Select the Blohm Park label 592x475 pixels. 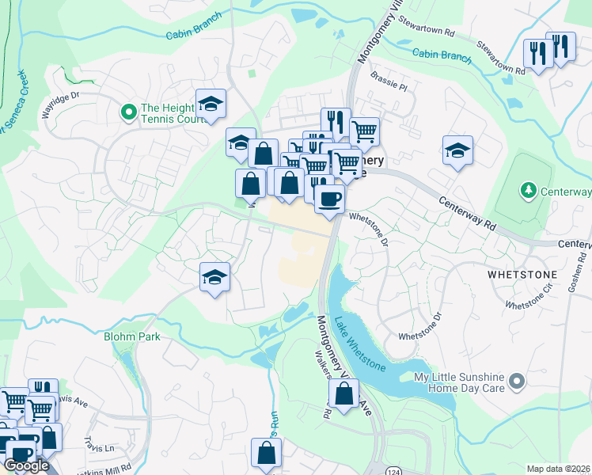pyautogui.click(x=132, y=336)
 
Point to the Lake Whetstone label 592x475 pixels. pyautogui.click(x=359, y=344)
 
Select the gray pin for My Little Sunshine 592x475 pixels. pyautogui.click(x=517, y=382)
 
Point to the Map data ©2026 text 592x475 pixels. pyautogui.click(x=559, y=469)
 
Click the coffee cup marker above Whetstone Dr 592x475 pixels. pyautogui.click(x=329, y=198)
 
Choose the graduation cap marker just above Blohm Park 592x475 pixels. pyautogui.click(x=214, y=277)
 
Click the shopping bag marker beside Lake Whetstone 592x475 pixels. pyautogui.click(x=343, y=393)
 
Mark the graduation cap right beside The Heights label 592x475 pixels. pyautogui.click(x=211, y=104)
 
